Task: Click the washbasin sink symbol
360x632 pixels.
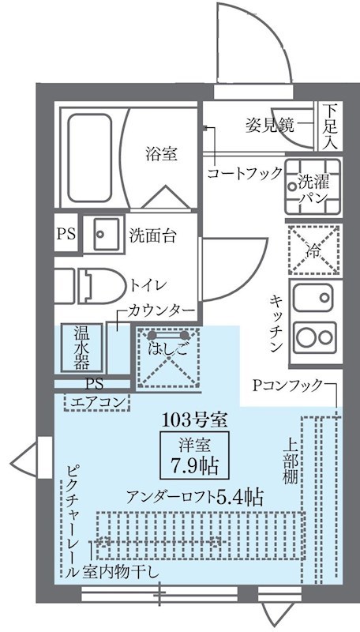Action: (103, 233)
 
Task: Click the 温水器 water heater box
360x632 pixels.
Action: (81, 348)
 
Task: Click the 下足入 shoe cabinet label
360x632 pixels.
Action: (332, 126)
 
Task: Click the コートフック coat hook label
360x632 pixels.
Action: (244, 172)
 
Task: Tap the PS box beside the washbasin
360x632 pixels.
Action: (67, 234)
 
